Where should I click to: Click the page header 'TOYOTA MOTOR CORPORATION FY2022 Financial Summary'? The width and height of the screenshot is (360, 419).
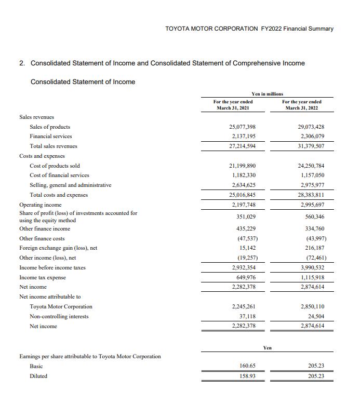coord(249,29)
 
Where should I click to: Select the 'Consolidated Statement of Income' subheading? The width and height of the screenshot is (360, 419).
coord(83,82)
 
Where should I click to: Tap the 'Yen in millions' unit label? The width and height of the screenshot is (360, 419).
coord(267,93)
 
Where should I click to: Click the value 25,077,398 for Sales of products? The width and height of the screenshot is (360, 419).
coord(242,127)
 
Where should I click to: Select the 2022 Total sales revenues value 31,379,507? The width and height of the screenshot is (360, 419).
coord(311,146)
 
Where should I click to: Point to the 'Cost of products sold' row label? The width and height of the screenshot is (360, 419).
coord(55,166)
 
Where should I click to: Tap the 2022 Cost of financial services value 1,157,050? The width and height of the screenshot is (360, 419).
coord(313,175)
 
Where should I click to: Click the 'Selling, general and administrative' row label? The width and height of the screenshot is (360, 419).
coord(70,185)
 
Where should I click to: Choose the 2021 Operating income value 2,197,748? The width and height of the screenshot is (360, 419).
coord(244,205)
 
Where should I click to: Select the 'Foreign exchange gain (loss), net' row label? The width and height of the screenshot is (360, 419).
coord(58,248)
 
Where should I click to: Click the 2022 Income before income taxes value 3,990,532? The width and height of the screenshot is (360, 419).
coord(313,267)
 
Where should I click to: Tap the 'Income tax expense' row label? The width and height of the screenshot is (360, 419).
coord(42,277)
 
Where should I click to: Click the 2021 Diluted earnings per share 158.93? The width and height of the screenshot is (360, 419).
coord(248,376)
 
